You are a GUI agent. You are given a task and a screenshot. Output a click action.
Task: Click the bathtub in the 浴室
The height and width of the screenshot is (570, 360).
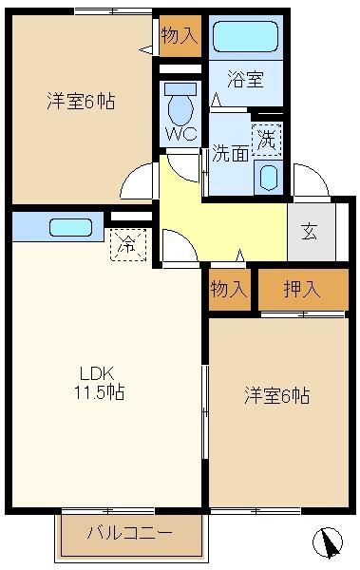pyautogui.click(x=245, y=37)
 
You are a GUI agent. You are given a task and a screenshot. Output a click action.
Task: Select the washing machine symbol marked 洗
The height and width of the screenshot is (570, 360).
pyautogui.click(x=267, y=140)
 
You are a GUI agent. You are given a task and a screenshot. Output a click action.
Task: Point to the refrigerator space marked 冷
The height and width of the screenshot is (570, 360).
pyautogui.click(x=128, y=245)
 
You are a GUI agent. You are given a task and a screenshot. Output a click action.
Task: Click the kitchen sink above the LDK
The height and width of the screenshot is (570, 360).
pyautogui.click(x=70, y=228)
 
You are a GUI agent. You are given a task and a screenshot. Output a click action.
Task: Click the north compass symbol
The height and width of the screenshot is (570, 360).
pyautogui.click(x=328, y=542)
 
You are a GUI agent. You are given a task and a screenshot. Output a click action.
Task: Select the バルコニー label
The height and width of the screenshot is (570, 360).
pyautogui.click(x=129, y=533)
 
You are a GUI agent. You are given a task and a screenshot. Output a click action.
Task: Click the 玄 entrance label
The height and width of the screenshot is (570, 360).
pyautogui.click(x=309, y=232)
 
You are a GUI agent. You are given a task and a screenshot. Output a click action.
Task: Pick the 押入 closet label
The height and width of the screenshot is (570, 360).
pyautogui.click(x=302, y=290)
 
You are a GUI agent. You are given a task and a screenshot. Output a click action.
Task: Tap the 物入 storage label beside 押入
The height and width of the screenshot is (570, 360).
pyautogui.click(x=229, y=290)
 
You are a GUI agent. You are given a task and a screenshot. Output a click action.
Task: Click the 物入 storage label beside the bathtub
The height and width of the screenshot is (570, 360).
pyautogui.click(x=180, y=36)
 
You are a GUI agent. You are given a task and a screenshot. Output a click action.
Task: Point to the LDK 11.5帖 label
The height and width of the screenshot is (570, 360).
pyautogui.click(x=99, y=383)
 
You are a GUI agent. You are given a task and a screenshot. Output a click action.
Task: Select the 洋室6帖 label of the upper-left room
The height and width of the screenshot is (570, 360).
pyautogui.click(x=81, y=102)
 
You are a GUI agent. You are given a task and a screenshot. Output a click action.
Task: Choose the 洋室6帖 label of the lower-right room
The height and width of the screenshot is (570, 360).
pyautogui.click(x=277, y=395)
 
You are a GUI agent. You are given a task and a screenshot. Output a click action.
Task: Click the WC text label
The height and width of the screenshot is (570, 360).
pyautogui.click(x=180, y=134)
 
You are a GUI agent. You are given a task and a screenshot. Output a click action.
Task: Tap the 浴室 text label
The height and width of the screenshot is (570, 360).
pyautogui.click(x=245, y=79)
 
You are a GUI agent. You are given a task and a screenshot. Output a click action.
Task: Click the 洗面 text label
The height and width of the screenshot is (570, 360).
pyautogui.click(x=231, y=154)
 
